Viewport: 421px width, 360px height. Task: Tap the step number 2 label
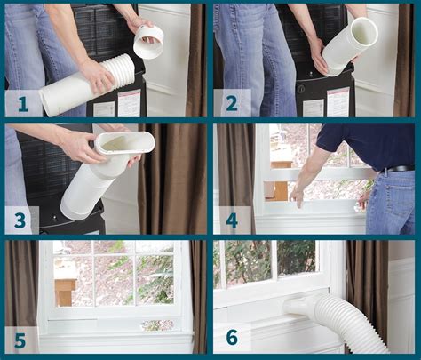(x=231, y=102)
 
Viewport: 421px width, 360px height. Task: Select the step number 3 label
(x=20, y=220)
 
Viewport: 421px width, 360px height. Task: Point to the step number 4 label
(x=231, y=220)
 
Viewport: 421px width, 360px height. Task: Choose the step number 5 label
(x=20, y=340)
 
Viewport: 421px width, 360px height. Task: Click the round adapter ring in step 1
(x=148, y=41)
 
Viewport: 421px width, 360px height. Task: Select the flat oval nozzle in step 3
(x=124, y=142)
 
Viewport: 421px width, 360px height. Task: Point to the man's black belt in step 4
(x=397, y=168)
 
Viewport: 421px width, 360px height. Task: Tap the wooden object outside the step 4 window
(x=276, y=189)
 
